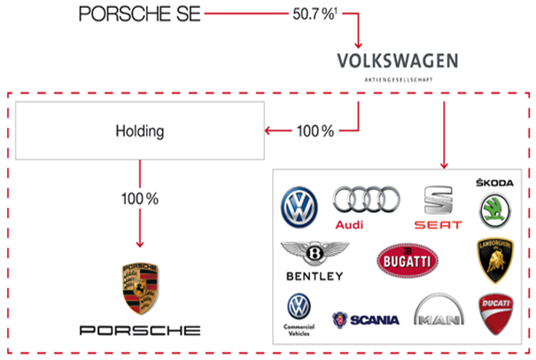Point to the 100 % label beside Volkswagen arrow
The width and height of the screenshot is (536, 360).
315,131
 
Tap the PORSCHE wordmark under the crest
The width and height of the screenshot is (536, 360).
140,330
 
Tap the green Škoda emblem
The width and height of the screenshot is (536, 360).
494,211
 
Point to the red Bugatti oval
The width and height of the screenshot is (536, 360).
406,262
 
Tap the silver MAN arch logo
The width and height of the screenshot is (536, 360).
438,315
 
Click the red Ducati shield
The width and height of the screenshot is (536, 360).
494,314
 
